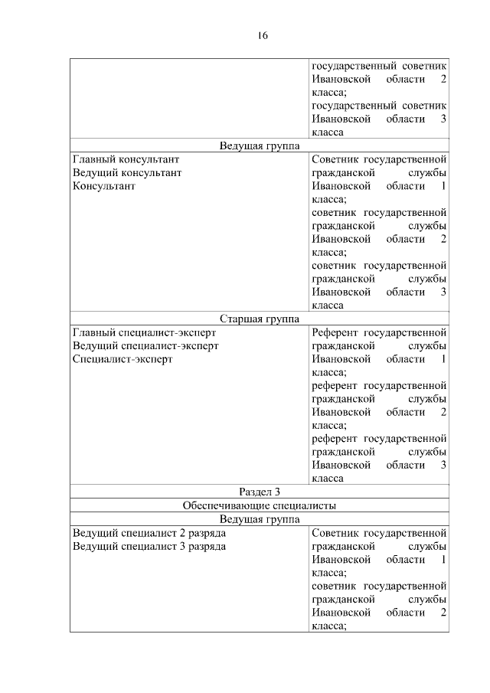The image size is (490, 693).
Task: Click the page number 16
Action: pyautogui.click(x=262, y=36)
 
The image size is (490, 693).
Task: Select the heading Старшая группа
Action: pyautogui.click(x=259, y=319)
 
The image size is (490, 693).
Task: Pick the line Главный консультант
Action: pyautogui.click(x=126, y=159)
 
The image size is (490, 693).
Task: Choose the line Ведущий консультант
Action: pyautogui.click(x=127, y=173)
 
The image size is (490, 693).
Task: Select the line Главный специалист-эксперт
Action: pyautogui.click(x=144, y=333)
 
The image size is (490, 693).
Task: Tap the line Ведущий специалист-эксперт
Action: pyautogui.click(x=145, y=346)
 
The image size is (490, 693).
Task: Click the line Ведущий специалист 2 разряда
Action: pyautogui.click(x=149, y=532)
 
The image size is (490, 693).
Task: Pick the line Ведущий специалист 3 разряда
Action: pyautogui.click(x=149, y=546)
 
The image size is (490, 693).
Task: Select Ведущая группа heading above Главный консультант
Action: pyautogui.click(x=259, y=145)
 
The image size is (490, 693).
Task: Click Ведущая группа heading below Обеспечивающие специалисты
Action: pyautogui.click(x=259, y=519)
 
